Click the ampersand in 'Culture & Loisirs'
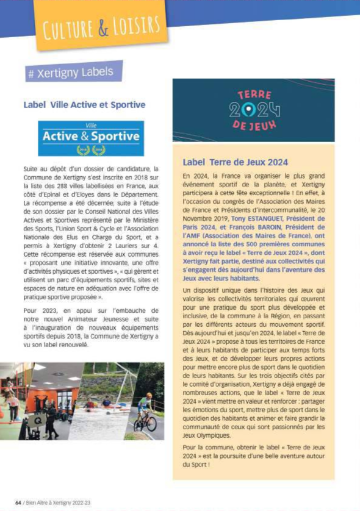(103, 27)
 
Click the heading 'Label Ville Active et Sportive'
(84, 105)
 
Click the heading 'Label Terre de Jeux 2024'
(235, 163)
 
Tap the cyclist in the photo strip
(145, 412)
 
